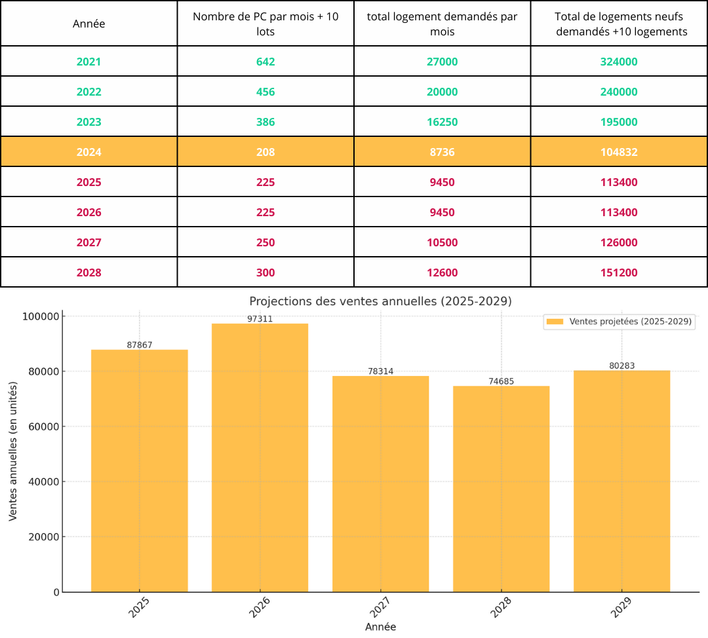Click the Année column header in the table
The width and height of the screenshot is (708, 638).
[x=89, y=24]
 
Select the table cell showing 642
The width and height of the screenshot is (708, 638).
[x=265, y=62]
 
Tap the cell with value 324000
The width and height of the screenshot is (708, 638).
[x=619, y=62]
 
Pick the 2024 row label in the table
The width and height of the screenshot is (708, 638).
[x=89, y=152]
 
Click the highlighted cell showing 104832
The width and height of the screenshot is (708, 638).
[x=619, y=152]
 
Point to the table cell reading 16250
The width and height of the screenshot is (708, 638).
[x=442, y=122]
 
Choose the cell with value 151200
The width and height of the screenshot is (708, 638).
[x=619, y=272]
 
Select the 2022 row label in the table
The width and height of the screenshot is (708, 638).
[x=89, y=92]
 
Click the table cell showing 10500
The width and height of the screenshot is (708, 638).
[x=442, y=242]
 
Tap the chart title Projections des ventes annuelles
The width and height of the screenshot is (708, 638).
[x=380, y=301]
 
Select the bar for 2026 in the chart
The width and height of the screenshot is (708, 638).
[x=260, y=459]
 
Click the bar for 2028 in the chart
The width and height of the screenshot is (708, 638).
[x=501, y=488]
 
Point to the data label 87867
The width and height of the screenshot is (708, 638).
[x=139, y=345]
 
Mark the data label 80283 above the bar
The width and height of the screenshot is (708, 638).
[x=621, y=366]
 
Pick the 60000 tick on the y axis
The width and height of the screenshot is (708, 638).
[x=43, y=426]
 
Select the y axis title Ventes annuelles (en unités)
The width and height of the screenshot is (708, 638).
[x=13, y=452]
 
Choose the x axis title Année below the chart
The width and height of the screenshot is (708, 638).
[x=380, y=627]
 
